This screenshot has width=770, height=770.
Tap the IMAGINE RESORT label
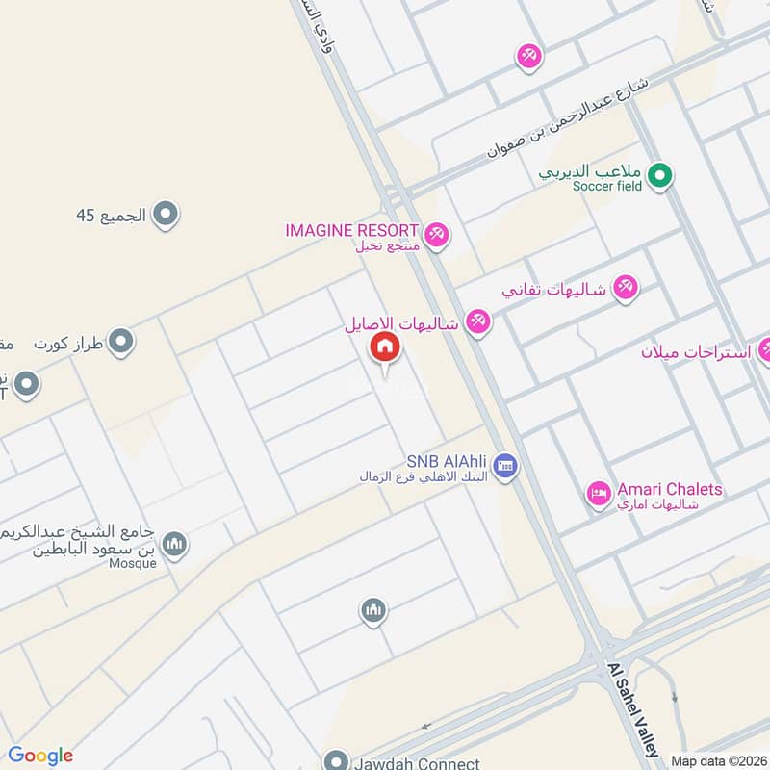tap(351, 231)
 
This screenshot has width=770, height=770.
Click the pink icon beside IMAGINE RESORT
tap(437, 234)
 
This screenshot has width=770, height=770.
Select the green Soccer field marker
tap(659, 175)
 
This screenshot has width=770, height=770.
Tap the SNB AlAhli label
tap(448, 461)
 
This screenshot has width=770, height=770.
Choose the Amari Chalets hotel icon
tap(599, 495)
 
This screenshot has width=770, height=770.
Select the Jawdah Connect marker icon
tap(335, 760)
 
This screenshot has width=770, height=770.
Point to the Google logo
tap(40, 756)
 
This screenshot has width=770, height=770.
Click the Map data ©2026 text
tap(718, 761)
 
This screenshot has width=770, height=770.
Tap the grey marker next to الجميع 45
tap(167, 214)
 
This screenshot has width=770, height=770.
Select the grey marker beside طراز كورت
tap(120, 343)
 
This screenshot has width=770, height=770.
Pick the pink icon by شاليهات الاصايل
tap(477, 322)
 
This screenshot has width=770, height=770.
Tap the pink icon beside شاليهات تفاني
tap(626, 288)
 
